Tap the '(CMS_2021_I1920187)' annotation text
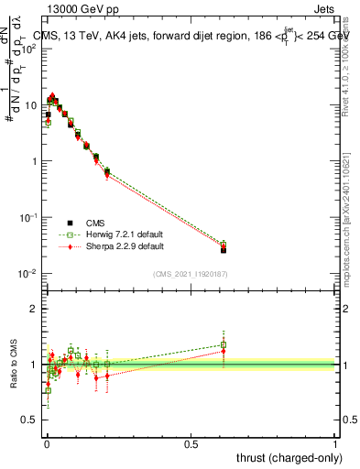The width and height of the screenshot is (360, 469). (x=191, y=275)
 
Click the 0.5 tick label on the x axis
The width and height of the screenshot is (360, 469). (x=191, y=444)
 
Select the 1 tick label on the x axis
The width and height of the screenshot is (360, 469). (x=336, y=444)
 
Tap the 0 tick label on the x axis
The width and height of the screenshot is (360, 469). (x=47, y=444)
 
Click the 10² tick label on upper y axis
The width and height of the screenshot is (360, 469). (x=29, y=49)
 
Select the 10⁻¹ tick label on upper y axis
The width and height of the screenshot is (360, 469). (x=29, y=218)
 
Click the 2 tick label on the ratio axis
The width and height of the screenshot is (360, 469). (x=35, y=309)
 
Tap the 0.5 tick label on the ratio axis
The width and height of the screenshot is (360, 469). (x=31, y=420)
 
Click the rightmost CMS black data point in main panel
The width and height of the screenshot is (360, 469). (x=224, y=249)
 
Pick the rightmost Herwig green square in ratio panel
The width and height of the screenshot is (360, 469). (x=224, y=345)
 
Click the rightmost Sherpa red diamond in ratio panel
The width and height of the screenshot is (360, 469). (x=224, y=351)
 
